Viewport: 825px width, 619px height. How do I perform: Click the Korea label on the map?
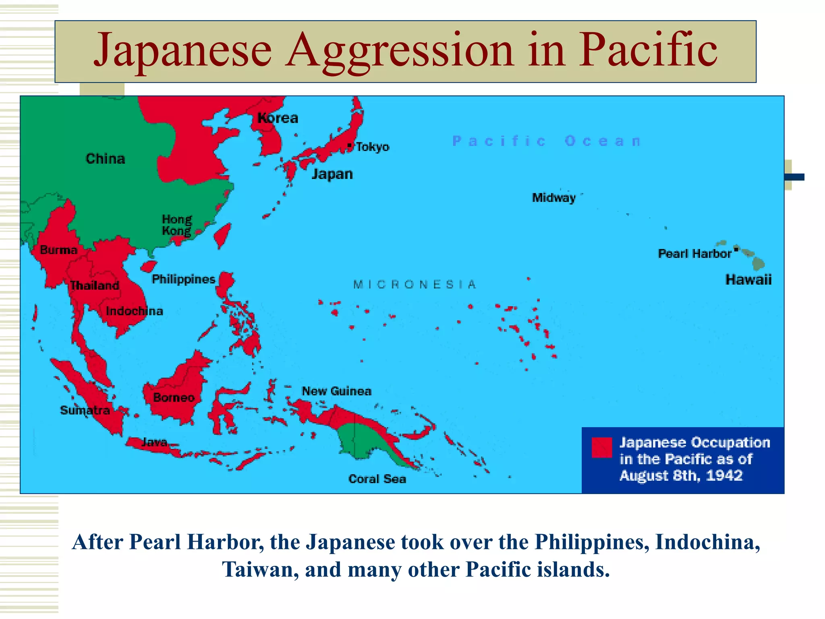278,118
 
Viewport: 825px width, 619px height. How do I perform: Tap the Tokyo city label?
373,147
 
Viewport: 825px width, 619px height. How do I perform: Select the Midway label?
554,198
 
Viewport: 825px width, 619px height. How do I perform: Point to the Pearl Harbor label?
694,253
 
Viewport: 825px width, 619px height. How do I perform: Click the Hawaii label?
748,280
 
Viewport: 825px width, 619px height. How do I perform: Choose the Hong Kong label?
177,225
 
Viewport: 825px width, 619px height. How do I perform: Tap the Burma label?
59,250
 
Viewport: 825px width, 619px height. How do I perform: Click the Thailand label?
95,286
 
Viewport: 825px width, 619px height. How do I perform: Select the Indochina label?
135,311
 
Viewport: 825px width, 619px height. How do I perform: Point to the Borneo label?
174,398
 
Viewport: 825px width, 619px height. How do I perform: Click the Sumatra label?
85,411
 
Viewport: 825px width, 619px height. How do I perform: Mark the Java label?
154,442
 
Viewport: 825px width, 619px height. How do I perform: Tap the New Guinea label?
337,391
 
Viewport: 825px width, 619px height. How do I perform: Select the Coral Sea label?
377,479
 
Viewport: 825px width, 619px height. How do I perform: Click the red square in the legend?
602,448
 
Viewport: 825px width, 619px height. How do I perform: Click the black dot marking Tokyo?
349,145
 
